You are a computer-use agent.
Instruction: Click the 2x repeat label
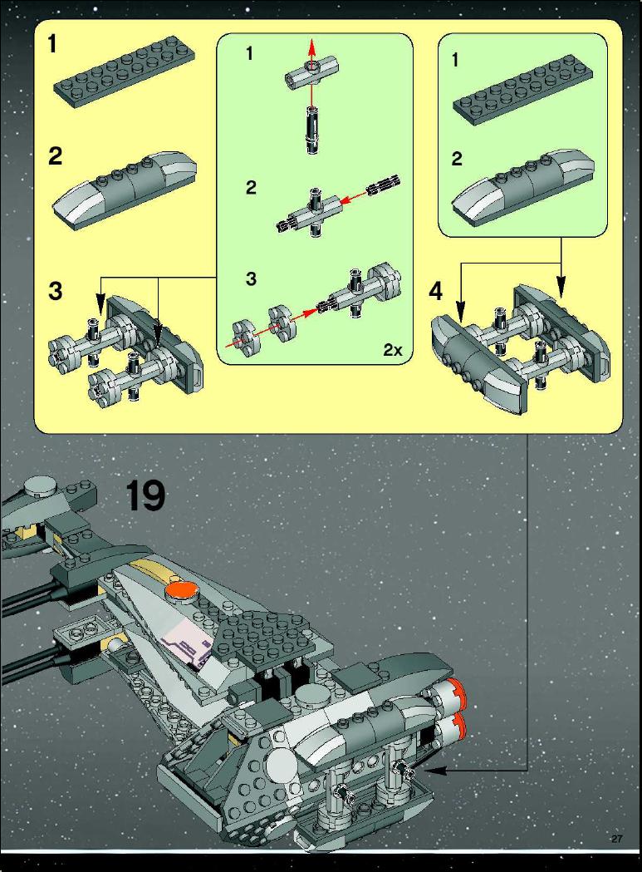[x=393, y=350]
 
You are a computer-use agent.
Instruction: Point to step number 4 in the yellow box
[x=436, y=292]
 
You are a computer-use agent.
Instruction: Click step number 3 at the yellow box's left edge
[x=56, y=291]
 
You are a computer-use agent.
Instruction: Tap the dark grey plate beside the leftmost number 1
[x=124, y=70]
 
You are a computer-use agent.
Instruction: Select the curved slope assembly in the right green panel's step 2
[x=522, y=186]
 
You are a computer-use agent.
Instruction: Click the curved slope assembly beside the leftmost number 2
[x=125, y=190]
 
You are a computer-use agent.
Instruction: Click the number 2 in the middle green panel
[x=252, y=187]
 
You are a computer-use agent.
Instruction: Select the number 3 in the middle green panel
[x=252, y=278]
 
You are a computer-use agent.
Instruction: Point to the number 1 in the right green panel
[x=455, y=60]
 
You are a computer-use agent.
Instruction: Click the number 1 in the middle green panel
[x=249, y=53]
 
